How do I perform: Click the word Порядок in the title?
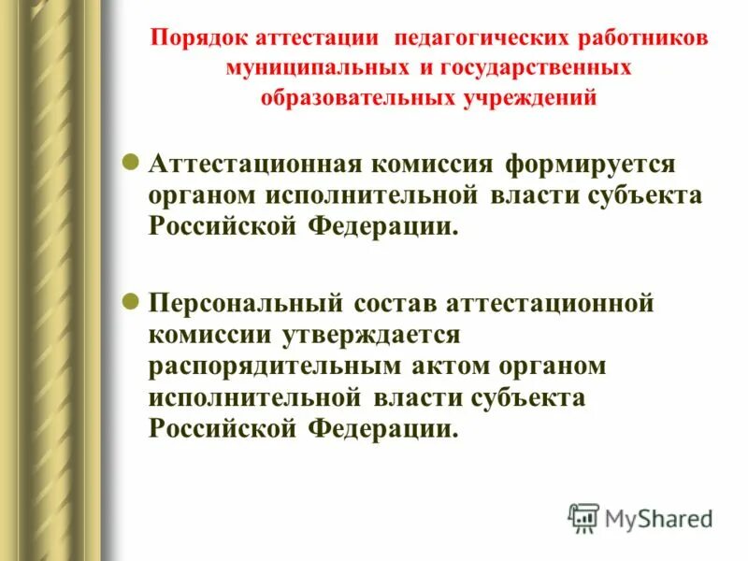click(197, 40)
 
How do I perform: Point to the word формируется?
click(579, 165)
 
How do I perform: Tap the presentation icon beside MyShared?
click(583, 517)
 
